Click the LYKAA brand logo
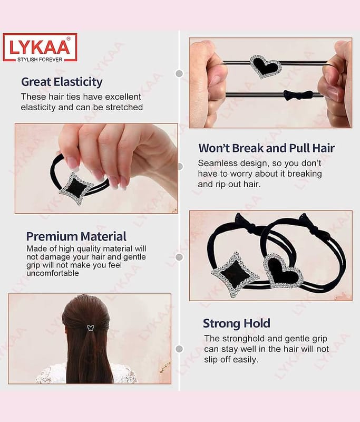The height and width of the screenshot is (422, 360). click(40, 47)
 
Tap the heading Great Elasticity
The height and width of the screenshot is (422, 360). click(62, 82)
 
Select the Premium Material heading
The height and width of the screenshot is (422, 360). click(76, 236)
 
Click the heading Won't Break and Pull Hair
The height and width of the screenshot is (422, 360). click(266, 148)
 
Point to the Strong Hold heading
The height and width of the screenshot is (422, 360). click(237, 323)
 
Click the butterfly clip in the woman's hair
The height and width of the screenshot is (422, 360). click(91, 328)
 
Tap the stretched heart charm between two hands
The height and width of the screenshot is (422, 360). click(266, 66)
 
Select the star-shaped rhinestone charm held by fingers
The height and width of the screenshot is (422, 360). click(76, 188)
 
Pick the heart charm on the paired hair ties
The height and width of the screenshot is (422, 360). click(283, 272)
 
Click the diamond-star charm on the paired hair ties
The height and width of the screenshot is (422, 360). click(235, 274)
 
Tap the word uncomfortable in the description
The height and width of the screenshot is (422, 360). click(53, 273)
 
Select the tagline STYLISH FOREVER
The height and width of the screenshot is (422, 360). click(40, 60)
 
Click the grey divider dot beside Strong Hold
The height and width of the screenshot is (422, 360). click(179, 349)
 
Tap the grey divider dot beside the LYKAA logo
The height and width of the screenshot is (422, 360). click(179, 73)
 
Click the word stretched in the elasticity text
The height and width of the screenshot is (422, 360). click(124, 107)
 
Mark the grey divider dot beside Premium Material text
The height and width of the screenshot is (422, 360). click(179, 257)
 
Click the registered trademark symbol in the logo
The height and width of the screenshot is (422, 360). click(69, 39)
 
